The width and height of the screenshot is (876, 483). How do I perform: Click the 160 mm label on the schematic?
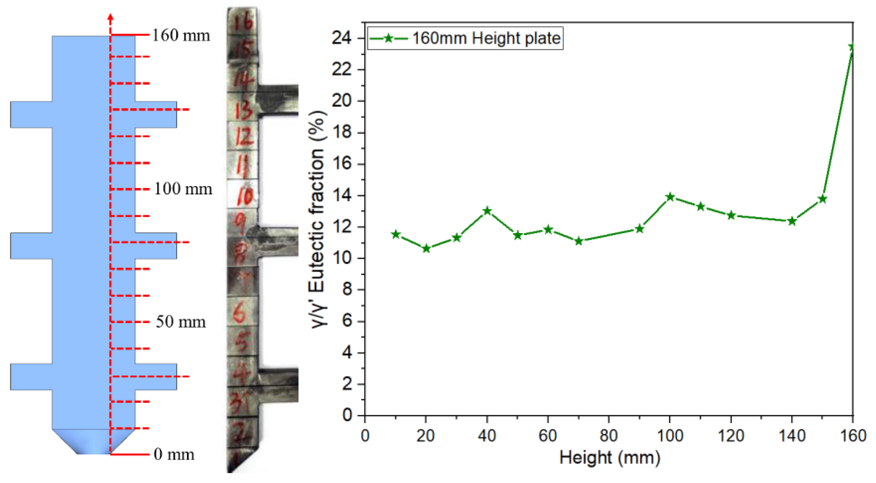click(181, 35)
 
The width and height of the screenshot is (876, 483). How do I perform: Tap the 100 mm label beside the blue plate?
click(183, 189)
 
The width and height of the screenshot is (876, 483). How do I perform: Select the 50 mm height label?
click(181, 322)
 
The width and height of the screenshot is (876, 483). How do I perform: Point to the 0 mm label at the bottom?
click(174, 454)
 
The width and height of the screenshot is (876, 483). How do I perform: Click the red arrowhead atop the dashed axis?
click(110, 17)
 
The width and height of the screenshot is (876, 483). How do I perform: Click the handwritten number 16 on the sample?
click(244, 21)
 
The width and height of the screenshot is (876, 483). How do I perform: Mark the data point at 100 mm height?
click(670, 197)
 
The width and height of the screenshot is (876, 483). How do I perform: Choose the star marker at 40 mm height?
click(487, 211)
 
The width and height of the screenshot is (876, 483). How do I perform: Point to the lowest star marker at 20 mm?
click(426, 249)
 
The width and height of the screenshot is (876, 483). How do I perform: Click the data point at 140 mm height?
click(792, 221)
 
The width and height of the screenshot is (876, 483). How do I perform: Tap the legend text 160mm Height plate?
click(486, 38)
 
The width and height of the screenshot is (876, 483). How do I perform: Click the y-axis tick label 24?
click(342, 38)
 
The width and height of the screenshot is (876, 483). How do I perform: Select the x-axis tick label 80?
click(608, 436)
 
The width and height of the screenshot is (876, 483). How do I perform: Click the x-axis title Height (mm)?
click(609, 458)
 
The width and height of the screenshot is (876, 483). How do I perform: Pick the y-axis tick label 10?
click(342, 258)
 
